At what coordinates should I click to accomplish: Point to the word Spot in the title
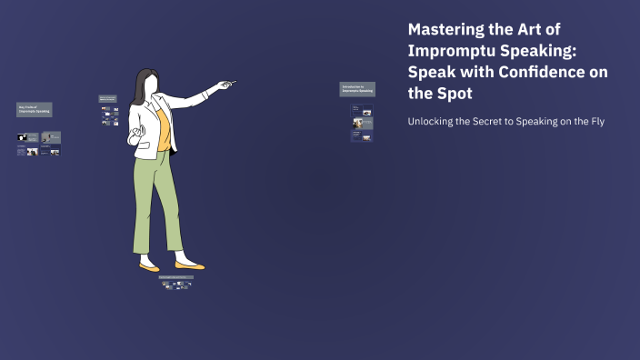click(x=454, y=93)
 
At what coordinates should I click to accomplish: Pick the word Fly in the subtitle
click(x=595, y=121)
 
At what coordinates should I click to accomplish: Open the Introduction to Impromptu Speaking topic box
click(x=357, y=89)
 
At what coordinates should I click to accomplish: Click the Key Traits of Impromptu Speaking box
click(x=34, y=110)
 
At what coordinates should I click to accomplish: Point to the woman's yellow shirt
click(x=162, y=127)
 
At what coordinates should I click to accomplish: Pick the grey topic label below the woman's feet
click(x=175, y=275)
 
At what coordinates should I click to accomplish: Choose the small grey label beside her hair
click(x=107, y=98)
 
